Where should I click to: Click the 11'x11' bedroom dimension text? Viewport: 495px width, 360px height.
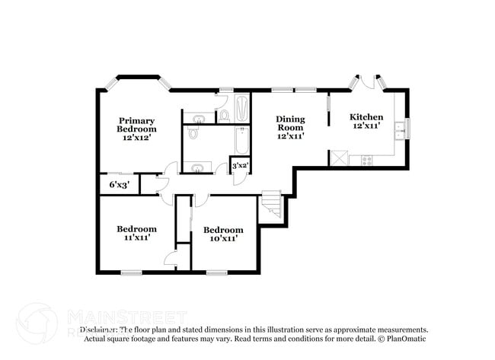point(136,237)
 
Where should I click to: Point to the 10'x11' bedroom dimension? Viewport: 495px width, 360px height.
point(223,238)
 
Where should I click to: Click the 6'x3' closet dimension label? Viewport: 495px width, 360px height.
point(119,184)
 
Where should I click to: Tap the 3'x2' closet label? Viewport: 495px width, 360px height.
point(240,165)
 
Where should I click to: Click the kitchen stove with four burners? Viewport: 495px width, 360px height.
point(366,161)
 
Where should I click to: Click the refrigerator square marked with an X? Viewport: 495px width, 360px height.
point(337,158)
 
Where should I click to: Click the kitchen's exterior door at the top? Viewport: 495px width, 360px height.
point(366,81)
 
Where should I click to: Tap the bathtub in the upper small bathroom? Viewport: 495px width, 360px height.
point(241,107)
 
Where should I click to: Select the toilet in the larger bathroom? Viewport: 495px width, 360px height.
point(193,133)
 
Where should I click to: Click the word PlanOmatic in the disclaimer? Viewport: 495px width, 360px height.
point(404,339)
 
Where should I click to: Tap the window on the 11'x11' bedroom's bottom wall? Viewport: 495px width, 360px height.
point(131,272)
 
